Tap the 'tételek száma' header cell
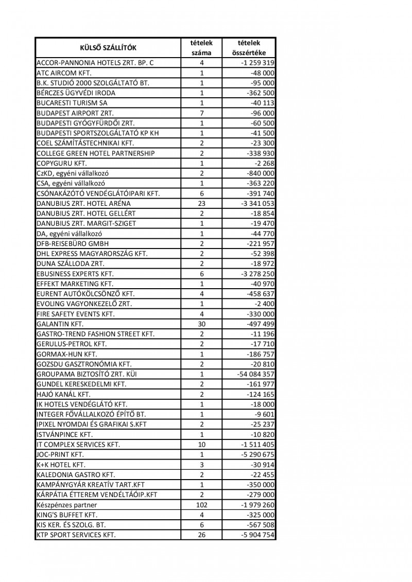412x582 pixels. click(202, 48)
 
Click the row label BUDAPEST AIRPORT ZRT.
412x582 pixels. click(75, 113)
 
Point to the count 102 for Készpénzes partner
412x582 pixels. click(202, 505)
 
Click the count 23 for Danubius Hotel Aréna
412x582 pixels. click(202, 203)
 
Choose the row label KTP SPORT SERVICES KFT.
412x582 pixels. click(76, 535)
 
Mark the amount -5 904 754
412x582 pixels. click(257, 535)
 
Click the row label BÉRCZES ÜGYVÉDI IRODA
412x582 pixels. click(76, 93)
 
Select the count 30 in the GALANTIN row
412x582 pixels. click(202, 324)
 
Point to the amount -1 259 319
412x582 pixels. click(257, 63)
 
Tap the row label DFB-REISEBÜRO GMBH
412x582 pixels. click(73, 243)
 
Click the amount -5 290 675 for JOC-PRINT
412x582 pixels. click(257, 454)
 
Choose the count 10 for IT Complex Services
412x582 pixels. click(202, 445)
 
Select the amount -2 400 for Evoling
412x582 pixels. click(265, 304)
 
